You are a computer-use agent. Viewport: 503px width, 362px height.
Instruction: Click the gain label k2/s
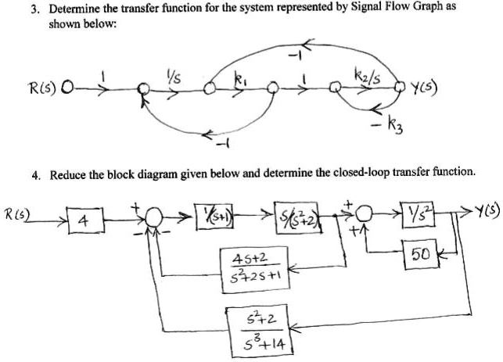pos(365,75)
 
